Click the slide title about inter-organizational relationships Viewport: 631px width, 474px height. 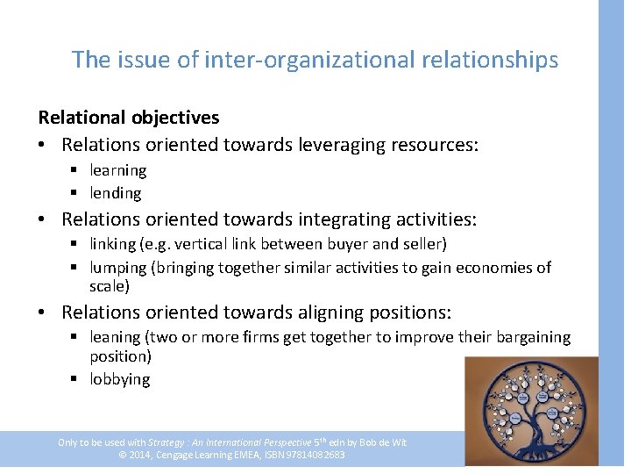(x=315, y=60)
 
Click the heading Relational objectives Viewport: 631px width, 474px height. (x=129, y=118)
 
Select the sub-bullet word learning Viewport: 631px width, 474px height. (x=118, y=170)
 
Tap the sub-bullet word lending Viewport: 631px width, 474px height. (x=116, y=193)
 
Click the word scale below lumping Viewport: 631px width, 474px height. (x=109, y=286)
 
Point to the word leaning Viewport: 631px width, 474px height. (x=116, y=337)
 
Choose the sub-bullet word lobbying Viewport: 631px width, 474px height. (x=120, y=379)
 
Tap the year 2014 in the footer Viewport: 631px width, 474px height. (x=140, y=455)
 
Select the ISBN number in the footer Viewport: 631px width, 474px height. (x=311, y=455)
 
